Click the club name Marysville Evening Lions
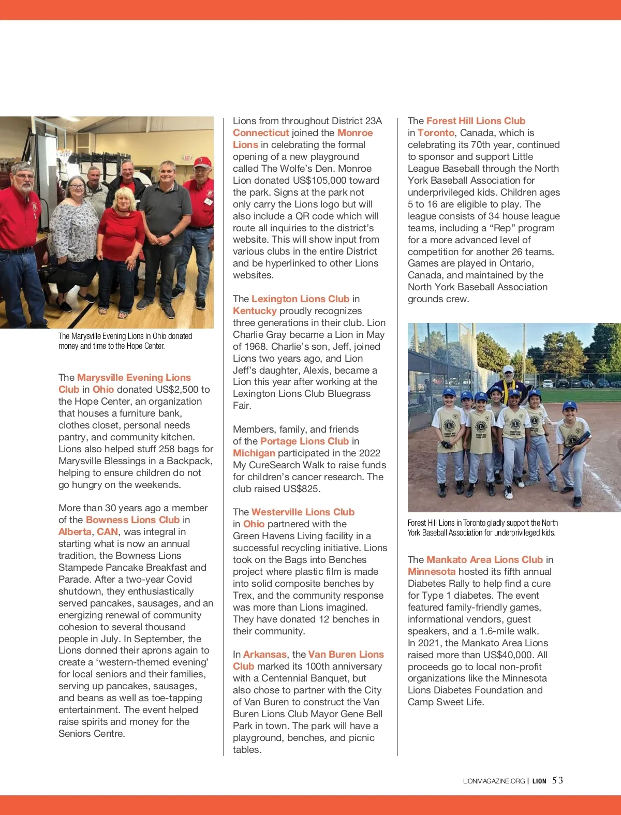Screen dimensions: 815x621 134,378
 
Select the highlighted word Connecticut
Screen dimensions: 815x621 260,133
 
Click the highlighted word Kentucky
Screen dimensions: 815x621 255,311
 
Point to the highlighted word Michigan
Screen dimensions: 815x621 254,453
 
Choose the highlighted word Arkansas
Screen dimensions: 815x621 264,655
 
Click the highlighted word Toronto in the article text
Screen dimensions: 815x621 436,133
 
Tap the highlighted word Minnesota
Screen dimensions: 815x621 432,572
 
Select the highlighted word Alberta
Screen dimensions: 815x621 75,532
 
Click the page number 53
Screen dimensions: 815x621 557,780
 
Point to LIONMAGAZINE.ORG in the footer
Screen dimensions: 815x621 494,781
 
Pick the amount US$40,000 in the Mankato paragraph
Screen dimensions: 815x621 505,655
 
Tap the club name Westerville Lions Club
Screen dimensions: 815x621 303,512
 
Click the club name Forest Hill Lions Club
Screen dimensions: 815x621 476,121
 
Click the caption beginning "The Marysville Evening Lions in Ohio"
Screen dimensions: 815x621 125,341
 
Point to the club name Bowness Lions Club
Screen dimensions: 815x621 132,520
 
